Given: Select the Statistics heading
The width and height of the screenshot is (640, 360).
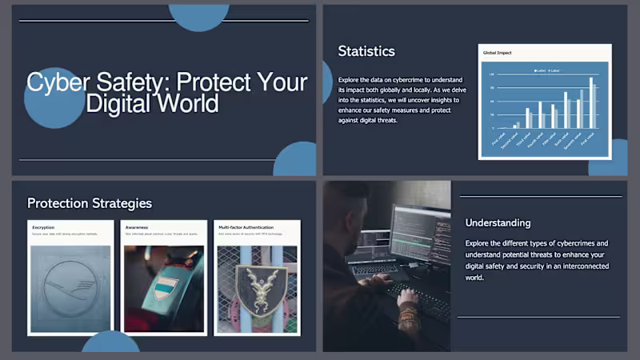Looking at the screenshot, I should [x=366, y=51].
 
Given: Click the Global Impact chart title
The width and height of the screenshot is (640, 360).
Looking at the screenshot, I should [x=497, y=53].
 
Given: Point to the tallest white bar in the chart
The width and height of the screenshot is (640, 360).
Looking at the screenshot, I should [x=592, y=102].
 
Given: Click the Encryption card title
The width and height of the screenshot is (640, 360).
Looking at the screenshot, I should [x=43, y=228].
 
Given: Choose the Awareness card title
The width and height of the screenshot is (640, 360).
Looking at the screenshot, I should [x=137, y=228].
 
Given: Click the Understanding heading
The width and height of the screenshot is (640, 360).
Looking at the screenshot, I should [x=498, y=222].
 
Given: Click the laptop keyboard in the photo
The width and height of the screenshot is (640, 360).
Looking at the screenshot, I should [x=376, y=270].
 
